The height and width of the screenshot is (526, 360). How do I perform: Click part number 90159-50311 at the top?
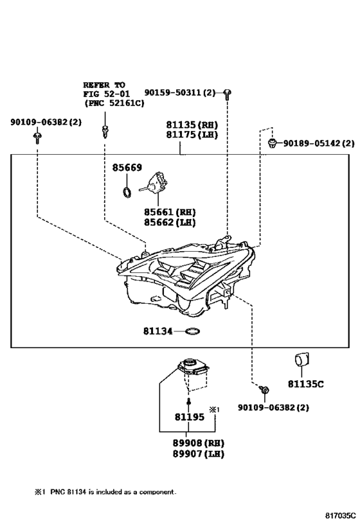(x=179, y=92)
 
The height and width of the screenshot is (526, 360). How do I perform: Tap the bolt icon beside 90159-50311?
(x=228, y=94)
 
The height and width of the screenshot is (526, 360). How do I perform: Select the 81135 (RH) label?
(x=192, y=125)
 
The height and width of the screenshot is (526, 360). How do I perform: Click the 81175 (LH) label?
(x=192, y=135)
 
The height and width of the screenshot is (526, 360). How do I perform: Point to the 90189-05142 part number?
(x=319, y=143)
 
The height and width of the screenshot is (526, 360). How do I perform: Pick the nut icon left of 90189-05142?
(x=272, y=144)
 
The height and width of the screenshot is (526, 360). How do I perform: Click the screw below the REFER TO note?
(x=105, y=131)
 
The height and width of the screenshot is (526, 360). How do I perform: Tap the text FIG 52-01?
(x=107, y=94)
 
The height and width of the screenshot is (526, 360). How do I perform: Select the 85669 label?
(x=127, y=168)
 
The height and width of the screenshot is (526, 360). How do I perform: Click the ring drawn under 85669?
(x=127, y=193)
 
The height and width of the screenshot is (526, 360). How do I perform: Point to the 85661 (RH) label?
(x=170, y=213)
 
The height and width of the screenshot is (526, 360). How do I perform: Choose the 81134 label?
(x=158, y=331)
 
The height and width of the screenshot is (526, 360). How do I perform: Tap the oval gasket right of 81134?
(x=192, y=331)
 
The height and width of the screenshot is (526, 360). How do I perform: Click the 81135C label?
(x=305, y=384)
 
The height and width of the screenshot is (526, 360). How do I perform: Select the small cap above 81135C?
(x=302, y=359)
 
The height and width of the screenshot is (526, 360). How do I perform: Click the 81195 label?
(x=190, y=417)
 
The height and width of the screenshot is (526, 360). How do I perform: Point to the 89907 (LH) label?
(x=198, y=454)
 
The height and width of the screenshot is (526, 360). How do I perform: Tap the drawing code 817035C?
(x=340, y=516)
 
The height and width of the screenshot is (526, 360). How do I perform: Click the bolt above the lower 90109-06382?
(x=264, y=390)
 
